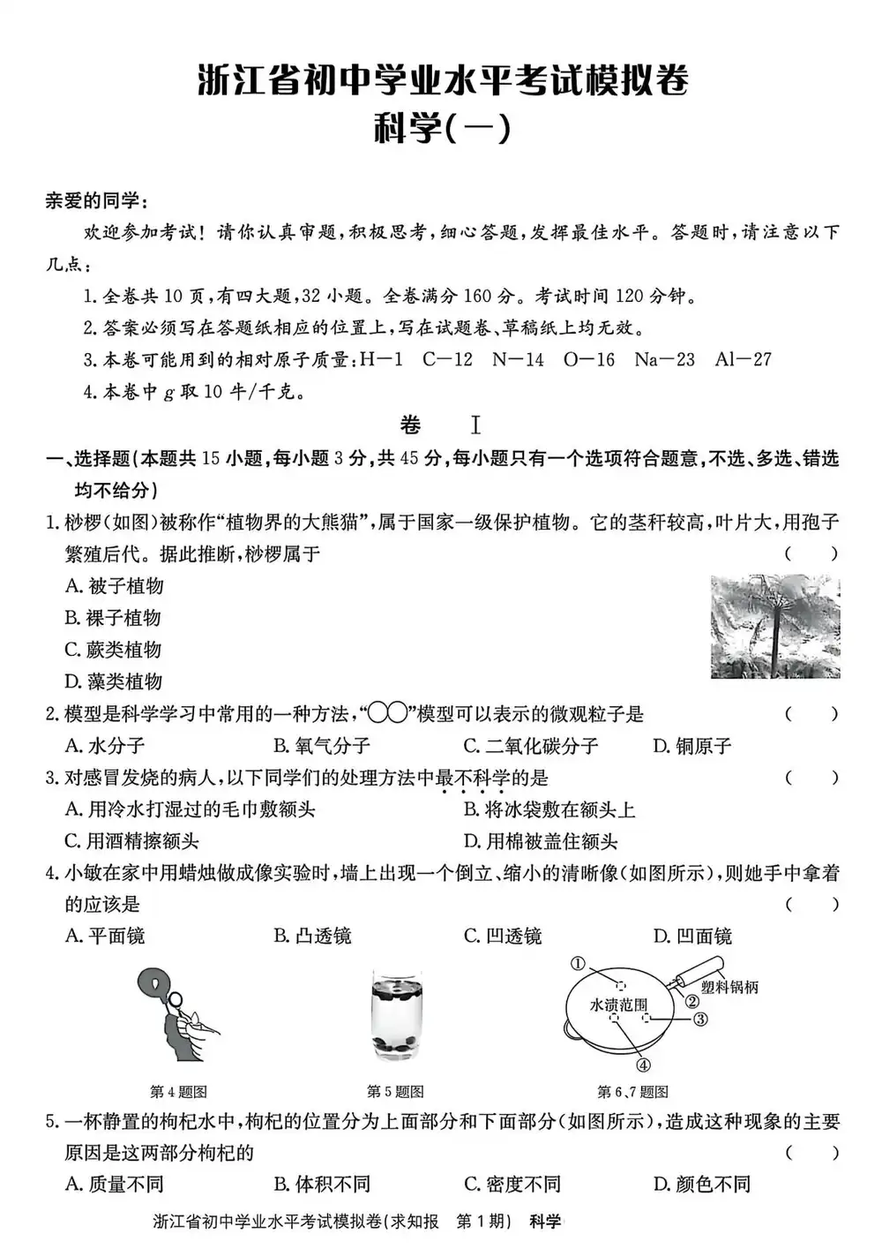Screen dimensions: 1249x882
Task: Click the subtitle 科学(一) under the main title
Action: [x=442, y=130]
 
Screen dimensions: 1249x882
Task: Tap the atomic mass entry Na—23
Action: [x=664, y=359]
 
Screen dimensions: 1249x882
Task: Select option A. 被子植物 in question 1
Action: [x=115, y=586]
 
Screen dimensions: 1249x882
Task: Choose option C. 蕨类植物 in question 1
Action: [x=113, y=650]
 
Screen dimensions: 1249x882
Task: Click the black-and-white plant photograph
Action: [x=775, y=627]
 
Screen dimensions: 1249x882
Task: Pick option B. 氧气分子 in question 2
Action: [x=321, y=746]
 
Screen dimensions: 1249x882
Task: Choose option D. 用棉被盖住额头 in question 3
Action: [x=540, y=841]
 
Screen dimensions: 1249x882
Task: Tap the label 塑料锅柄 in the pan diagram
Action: [x=729, y=988]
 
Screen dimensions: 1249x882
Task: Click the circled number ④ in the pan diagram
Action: [x=643, y=1065]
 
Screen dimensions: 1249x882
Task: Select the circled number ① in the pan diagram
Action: [x=578, y=964]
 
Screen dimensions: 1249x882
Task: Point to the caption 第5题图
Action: [x=395, y=1092]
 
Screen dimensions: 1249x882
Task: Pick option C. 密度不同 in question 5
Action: [x=512, y=1184]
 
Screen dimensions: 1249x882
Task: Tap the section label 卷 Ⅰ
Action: [x=440, y=425]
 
